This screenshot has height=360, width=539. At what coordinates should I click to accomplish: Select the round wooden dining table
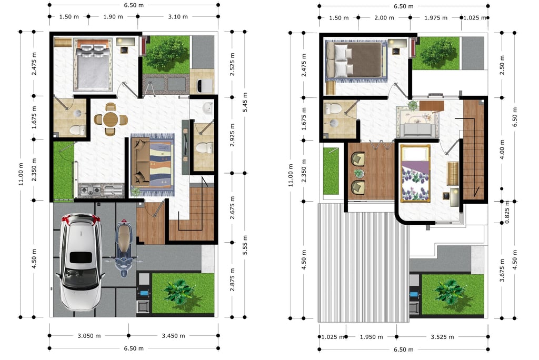click(x=111, y=119)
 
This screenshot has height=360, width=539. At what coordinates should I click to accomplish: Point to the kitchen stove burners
click(x=90, y=190)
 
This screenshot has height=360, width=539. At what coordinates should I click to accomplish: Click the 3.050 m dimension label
click(x=89, y=336)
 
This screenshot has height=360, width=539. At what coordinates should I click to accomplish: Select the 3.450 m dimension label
click(x=173, y=336)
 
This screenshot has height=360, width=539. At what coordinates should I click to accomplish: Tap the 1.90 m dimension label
click(x=113, y=16)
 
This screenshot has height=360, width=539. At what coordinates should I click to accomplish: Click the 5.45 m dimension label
click(x=245, y=102)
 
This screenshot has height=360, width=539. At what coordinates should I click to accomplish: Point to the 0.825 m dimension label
click(x=507, y=212)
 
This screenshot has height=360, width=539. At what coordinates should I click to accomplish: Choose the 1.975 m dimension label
click(x=436, y=18)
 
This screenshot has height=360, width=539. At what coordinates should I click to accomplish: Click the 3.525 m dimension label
click(x=442, y=337)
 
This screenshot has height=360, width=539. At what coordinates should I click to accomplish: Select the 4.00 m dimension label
click(x=502, y=149)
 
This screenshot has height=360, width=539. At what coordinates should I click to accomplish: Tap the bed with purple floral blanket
click(x=415, y=174)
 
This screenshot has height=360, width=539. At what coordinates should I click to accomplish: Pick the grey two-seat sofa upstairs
click(x=417, y=129)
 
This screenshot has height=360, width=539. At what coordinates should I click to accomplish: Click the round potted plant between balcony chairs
click(x=358, y=173)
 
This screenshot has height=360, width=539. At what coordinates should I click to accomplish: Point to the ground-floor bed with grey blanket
click(x=93, y=64)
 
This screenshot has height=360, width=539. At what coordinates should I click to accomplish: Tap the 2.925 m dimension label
click(x=232, y=135)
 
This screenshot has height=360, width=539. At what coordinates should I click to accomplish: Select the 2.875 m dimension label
click(x=232, y=279)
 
